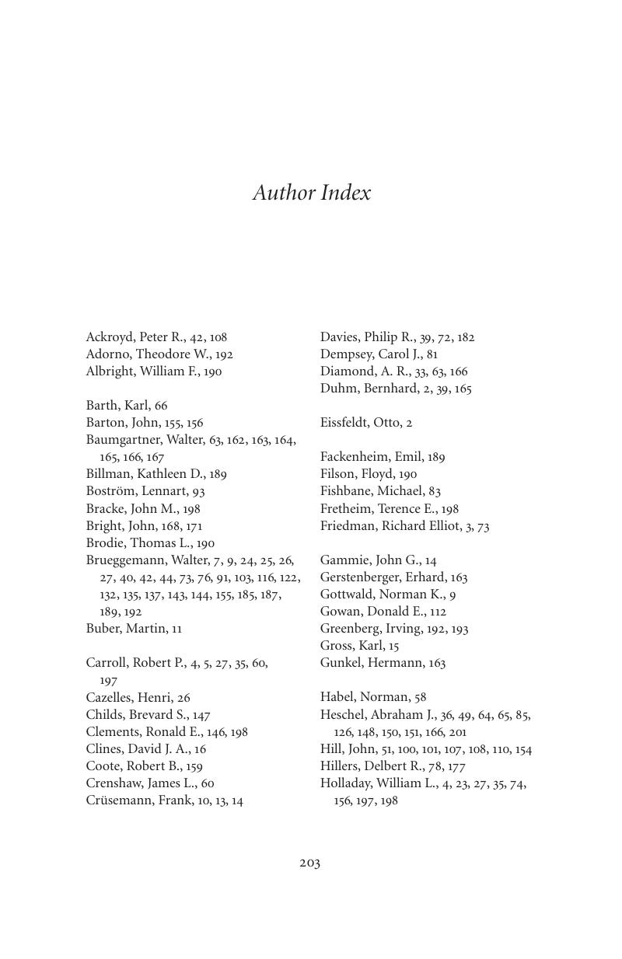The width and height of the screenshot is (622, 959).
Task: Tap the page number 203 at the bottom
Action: point(309,863)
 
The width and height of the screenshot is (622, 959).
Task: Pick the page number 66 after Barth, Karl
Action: point(161,406)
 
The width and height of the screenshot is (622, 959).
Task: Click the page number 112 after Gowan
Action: point(438,612)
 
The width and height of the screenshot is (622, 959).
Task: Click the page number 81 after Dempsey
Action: point(432,354)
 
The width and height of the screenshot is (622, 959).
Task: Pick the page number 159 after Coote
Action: point(193,766)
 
